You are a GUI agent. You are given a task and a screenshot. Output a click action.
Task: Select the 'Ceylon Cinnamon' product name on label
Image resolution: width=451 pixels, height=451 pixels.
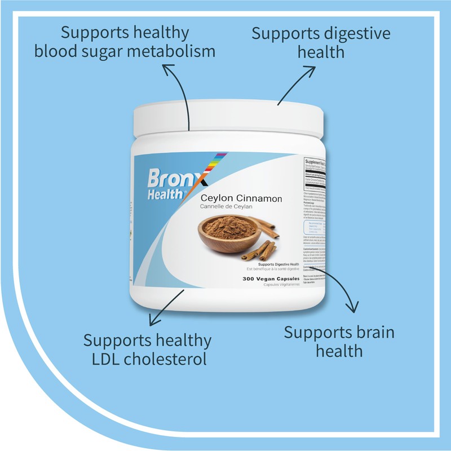pos(242,199)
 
